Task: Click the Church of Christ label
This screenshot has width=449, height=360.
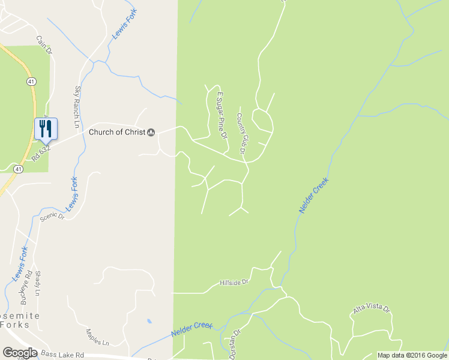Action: click(x=117, y=132)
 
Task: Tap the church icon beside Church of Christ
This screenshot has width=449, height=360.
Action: click(x=151, y=132)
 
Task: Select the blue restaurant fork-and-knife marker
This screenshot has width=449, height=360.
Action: click(x=46, y=128)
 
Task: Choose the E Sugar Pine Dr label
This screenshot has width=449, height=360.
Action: click(x=223, y=115)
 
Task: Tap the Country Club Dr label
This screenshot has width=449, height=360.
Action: click(x=242, y=137)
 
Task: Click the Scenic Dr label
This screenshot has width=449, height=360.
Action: click(x=52, y=217)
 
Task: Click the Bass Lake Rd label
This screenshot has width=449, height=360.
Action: click(x=63, y=355)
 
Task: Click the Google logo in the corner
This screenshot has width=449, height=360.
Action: click(x=20, y=353)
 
